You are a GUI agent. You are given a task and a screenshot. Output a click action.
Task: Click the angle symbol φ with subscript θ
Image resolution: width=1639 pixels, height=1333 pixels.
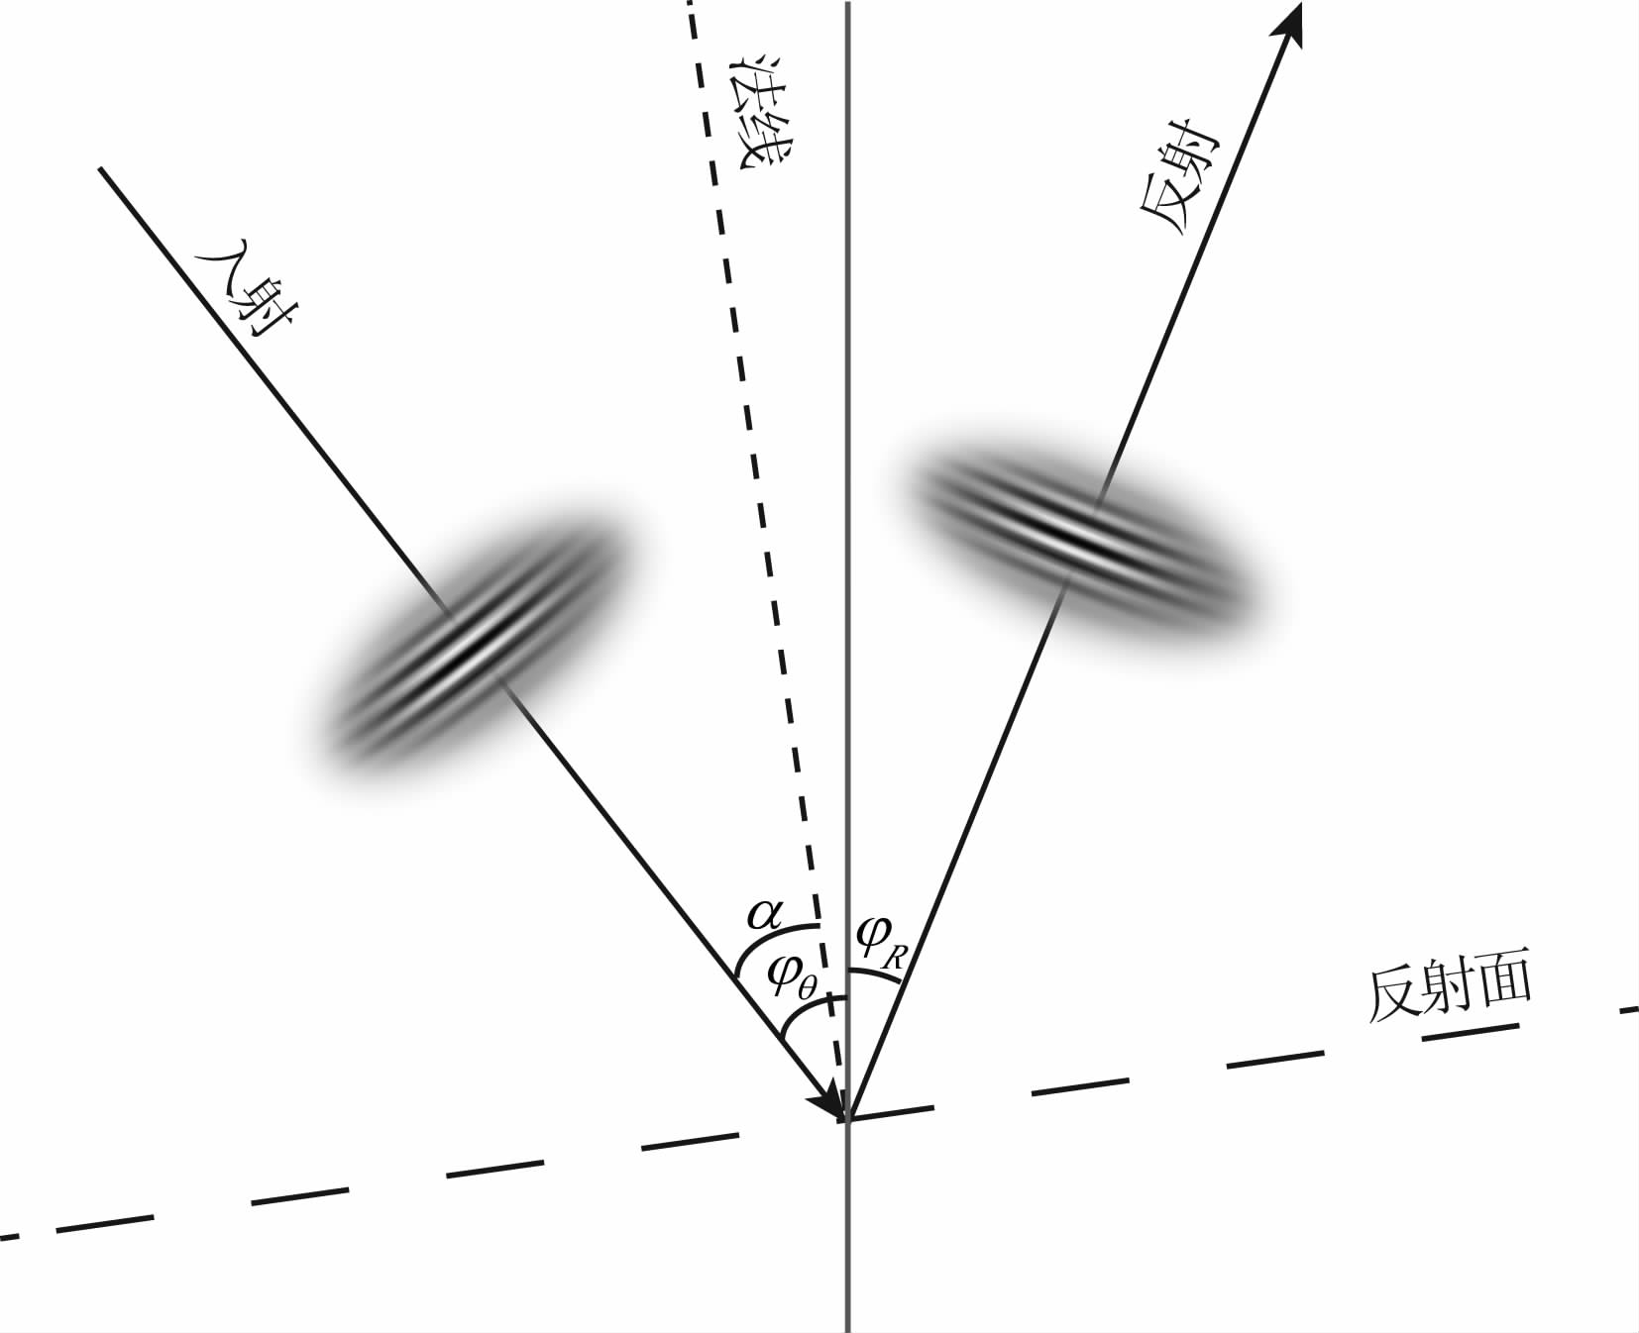pyautogui.click(x=794, y=979)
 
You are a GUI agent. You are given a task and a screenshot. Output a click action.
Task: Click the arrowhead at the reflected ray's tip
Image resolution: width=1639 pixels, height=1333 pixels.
pyautogui.click(x=1288, y=24)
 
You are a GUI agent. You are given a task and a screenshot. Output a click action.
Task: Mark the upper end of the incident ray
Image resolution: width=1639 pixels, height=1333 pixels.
pyautogui.click(x=100, y=169)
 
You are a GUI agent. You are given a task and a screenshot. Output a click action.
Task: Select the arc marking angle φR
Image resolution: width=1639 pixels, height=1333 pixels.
pyautogui.click(x=876, y=974)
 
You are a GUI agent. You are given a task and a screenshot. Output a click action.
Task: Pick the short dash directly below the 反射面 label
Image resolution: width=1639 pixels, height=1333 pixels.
pyautogui.click(x=1471, y=1032)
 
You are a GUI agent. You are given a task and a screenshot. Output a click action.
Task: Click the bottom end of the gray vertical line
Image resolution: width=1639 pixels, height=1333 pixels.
pyautogui.click(x=848, y=1331)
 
